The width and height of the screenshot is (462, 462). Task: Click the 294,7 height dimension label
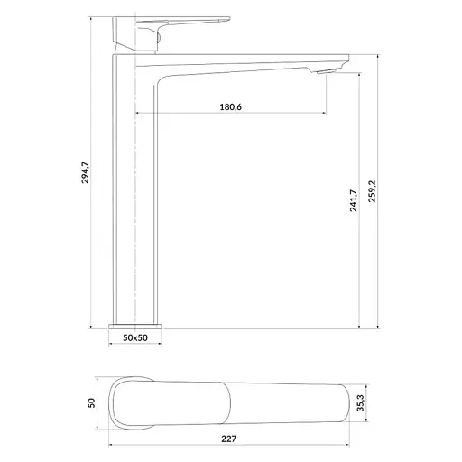coord(86,172)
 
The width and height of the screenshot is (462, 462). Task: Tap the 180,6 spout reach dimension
coord(231,107)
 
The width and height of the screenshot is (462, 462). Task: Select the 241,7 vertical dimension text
coord(354,200)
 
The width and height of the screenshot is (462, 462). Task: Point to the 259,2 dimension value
coord(373,191)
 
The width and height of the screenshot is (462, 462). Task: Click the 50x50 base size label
coord(135,337)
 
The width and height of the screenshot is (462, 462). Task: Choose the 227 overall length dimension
coord(229,439)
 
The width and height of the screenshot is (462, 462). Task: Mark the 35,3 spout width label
coord(360,403)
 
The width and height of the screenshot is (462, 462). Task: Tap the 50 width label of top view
coord(91,403)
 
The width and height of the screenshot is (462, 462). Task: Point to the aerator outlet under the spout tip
coord(327,71)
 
